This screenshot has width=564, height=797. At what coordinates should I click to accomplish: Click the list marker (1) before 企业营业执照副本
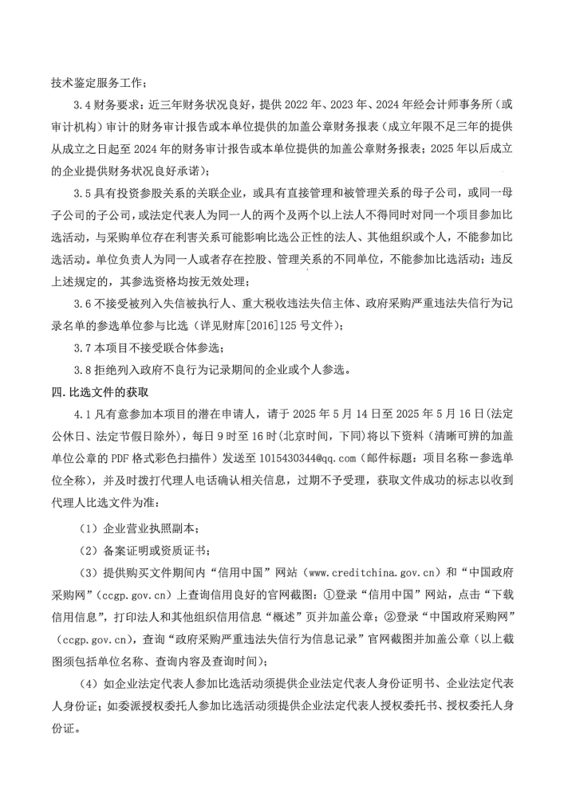coord(89,527)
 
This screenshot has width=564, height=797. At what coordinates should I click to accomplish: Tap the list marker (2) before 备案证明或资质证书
coord(89,549)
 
